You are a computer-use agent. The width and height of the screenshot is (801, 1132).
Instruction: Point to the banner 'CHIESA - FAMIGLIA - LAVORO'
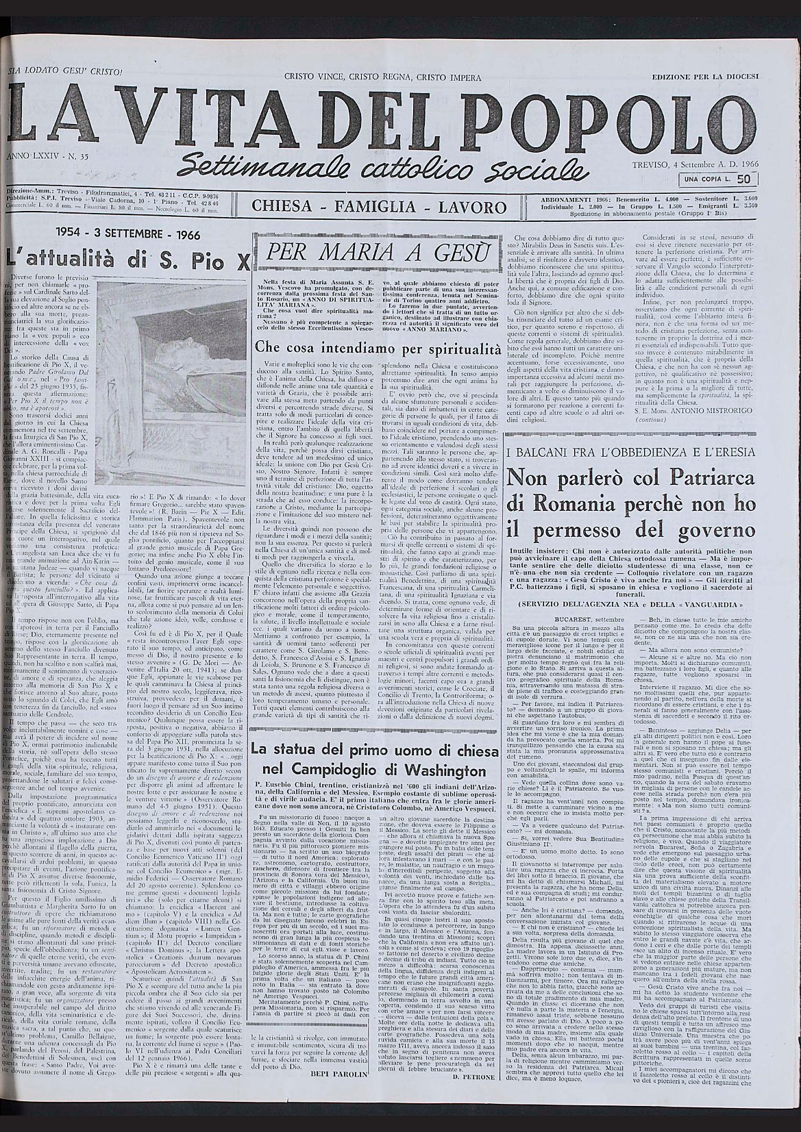tap(379, 207)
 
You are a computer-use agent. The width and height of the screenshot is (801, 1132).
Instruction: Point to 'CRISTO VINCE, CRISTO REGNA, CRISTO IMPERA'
tap(382, 77)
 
